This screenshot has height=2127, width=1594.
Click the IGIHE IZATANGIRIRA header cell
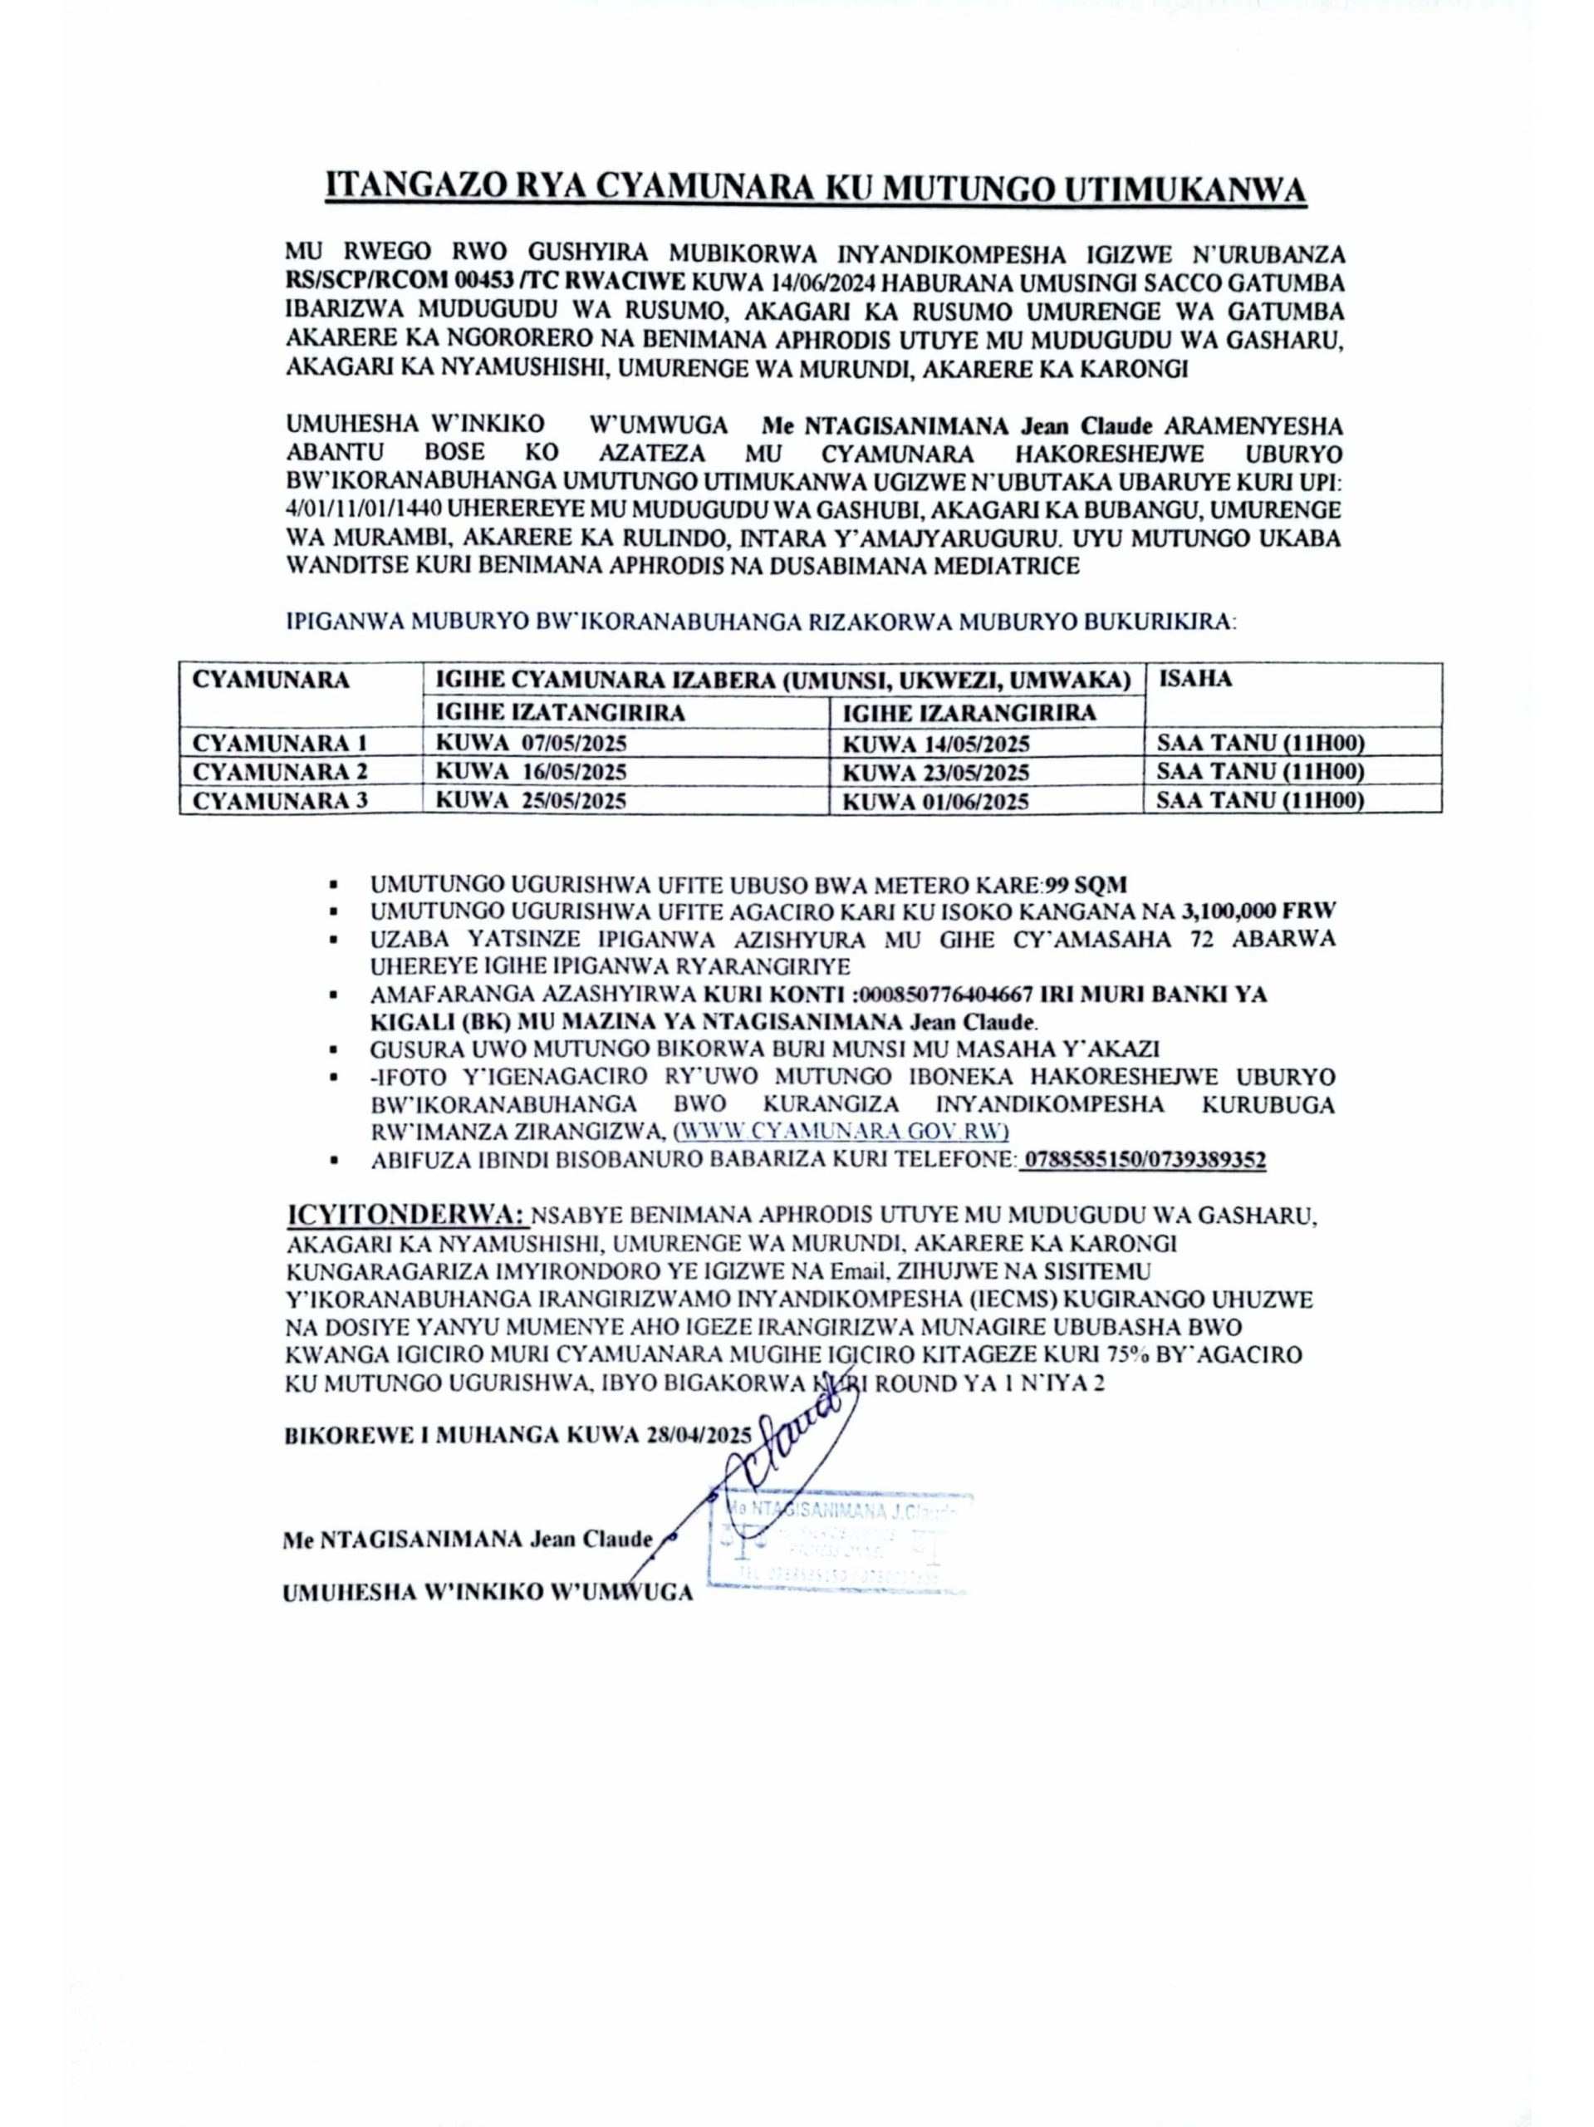coord(560,713)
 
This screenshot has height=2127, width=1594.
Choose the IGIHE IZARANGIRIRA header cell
coord(969,713)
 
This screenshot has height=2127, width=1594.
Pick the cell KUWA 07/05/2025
coord(531,744)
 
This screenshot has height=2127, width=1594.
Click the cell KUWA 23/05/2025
coord(935,772)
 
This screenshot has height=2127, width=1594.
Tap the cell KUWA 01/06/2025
coord(935,801)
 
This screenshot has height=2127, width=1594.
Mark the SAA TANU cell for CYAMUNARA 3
coord(1260,800)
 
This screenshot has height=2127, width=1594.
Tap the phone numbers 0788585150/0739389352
coord(1142,1161)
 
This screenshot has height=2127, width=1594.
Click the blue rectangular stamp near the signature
coord(838,1540)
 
